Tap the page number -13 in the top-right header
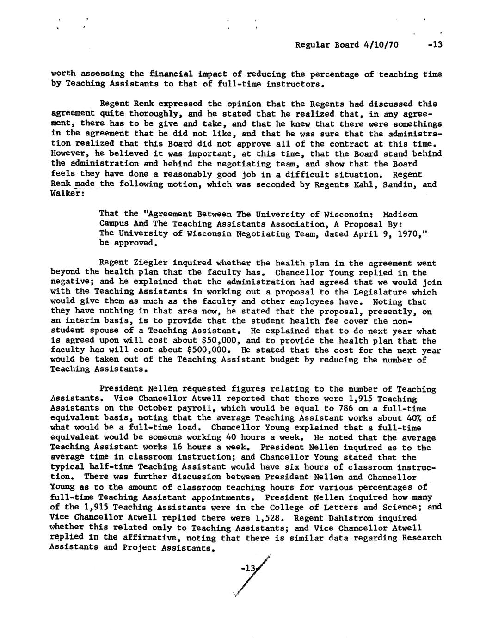435,45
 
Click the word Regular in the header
312,45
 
